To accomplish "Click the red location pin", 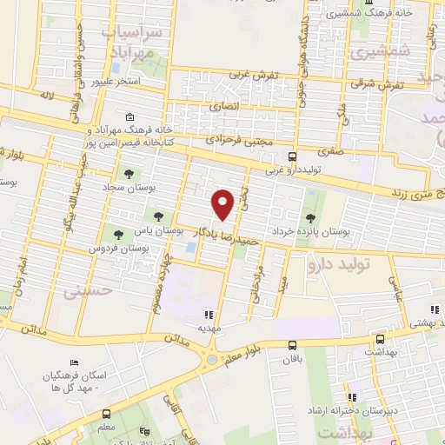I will coord(223,203).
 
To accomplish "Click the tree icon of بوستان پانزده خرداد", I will coord(310,218).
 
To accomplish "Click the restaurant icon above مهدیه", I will coord(208,315).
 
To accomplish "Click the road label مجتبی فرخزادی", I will coord(240,138).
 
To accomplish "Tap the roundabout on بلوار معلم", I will coord(211,359).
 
